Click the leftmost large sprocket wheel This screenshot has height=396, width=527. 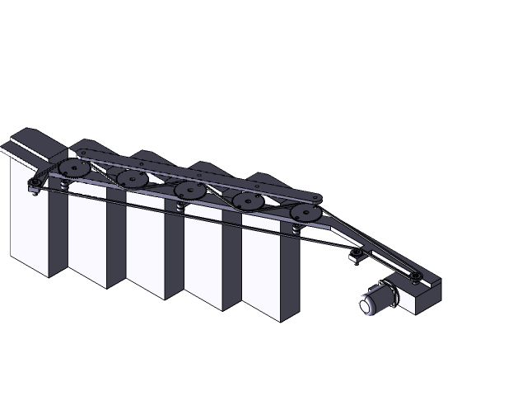(x=74, y=168)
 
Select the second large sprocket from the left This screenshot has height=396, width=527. (x=132, y=179)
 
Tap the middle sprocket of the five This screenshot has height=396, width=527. (x=189, y=191)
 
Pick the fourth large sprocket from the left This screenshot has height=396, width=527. (x=247, y=201)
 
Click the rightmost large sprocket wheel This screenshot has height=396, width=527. (x=305, y=213)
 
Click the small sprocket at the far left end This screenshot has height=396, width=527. (x=35, y=184)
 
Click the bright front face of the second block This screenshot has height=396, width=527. (x=86, y=239)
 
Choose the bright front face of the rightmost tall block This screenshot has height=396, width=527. (x=261, y=276)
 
